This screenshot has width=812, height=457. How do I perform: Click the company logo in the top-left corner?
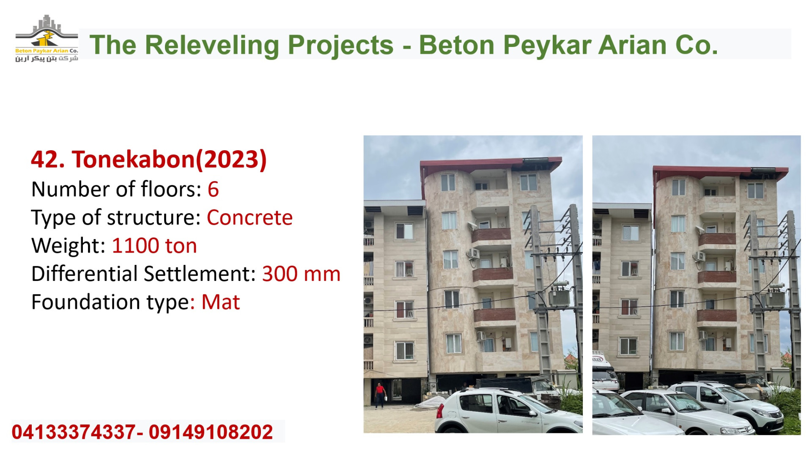47,39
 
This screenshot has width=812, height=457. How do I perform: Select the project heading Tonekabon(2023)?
149,160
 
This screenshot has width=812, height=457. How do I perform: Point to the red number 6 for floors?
213,189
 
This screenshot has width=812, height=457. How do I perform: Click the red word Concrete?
250,217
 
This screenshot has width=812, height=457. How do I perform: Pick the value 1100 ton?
154,245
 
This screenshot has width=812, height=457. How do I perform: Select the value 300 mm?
301,274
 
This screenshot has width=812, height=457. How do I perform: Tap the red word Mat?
220,302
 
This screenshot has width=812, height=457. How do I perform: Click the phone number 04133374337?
74,432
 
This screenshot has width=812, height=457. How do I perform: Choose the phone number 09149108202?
211,432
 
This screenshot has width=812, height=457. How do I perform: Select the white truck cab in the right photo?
604,373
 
